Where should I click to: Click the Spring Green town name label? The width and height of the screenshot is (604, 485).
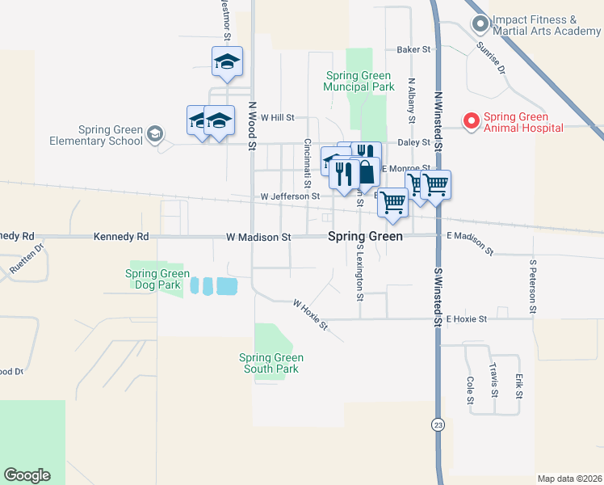(x=365, y=238)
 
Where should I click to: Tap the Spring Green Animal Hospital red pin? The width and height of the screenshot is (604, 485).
(x=470, y=120)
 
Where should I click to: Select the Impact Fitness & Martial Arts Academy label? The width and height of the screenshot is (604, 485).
(x=546, y=25)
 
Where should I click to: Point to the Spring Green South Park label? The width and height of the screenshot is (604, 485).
(x=271, y=363)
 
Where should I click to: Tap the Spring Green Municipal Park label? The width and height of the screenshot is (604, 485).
(x=359, y=81)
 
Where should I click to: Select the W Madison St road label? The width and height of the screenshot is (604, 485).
(x=258, y=238)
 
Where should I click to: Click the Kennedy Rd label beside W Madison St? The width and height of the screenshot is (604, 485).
(x=121, y=237)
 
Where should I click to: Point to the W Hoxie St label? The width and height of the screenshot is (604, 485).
(x=310, y=315)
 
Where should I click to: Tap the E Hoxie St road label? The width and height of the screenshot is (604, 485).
(x=467, y=319)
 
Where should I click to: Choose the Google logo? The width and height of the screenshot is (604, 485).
(x=27, y=474)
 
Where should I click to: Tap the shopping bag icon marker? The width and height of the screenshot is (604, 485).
(x=367, y=172)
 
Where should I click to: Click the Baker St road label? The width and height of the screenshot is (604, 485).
(x=414, y=49)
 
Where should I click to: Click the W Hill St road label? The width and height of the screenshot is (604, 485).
(x=278, y=117)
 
